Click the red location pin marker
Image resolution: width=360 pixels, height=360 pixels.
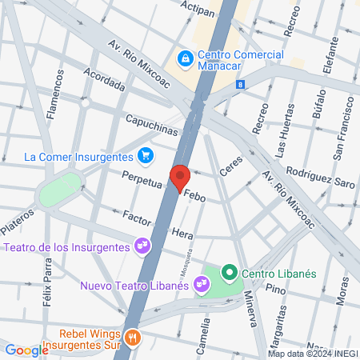(x=180, y=178)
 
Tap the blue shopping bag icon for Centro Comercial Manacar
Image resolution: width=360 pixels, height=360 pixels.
(x=185, y=58)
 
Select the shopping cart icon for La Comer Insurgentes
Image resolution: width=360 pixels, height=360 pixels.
(x=145, y=155)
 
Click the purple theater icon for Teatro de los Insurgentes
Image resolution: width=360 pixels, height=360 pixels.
(x=142, y=246)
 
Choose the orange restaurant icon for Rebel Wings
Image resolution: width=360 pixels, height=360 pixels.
(x=134, y=338)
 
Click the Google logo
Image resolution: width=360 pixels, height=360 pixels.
(x=26, y=350)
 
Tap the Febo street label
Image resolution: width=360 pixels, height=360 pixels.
(x=195, y=194)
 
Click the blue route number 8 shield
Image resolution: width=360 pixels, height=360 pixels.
(x=240, y=84)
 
